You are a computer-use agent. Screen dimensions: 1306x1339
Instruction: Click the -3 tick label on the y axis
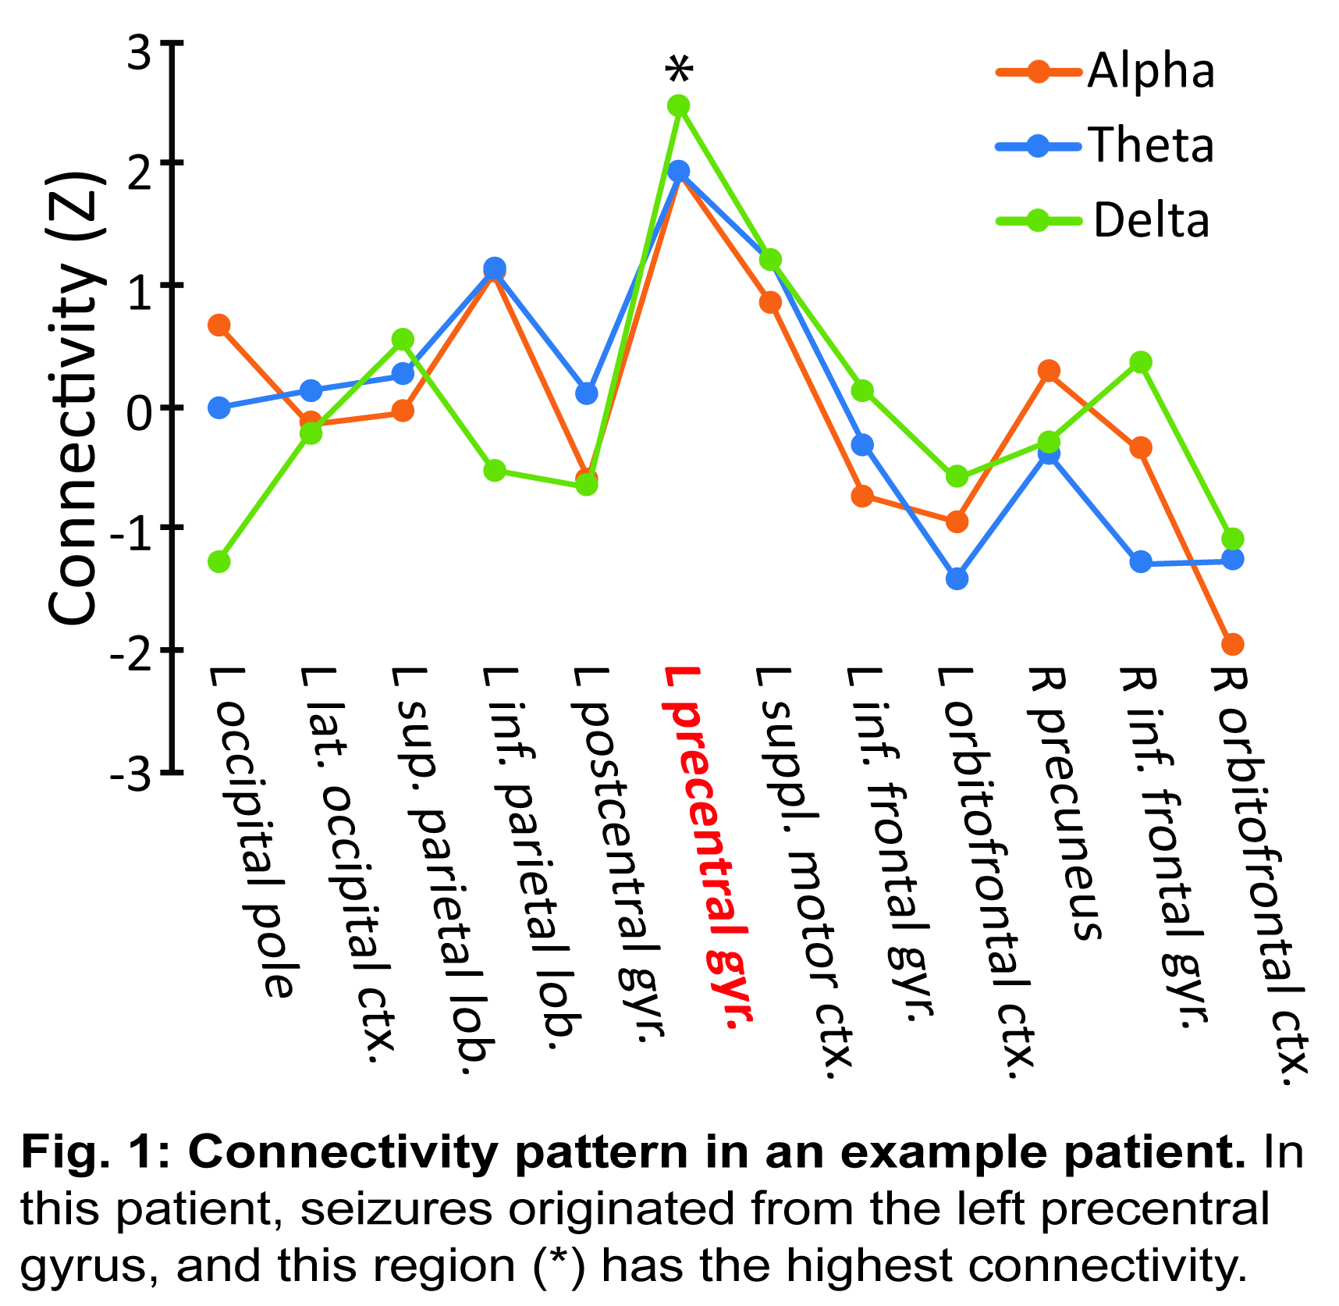[130, 776]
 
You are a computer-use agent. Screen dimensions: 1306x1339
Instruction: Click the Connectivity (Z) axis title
[74, 398]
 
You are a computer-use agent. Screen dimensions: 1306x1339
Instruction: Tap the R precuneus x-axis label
[1065, 804]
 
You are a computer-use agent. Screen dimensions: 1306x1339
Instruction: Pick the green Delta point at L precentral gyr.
[679, 106]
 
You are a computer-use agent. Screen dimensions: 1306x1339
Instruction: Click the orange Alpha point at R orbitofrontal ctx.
[1232, 645]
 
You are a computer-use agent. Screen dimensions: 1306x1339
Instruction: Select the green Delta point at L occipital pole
[219, 561]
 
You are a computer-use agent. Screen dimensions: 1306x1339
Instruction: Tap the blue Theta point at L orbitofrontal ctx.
[957, 579]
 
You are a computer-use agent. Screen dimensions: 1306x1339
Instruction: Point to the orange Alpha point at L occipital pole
[219, 325]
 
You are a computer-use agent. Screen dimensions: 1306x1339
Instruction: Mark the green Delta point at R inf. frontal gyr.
[1141, 362]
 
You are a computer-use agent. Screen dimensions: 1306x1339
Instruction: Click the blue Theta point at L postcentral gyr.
[587, 393]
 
